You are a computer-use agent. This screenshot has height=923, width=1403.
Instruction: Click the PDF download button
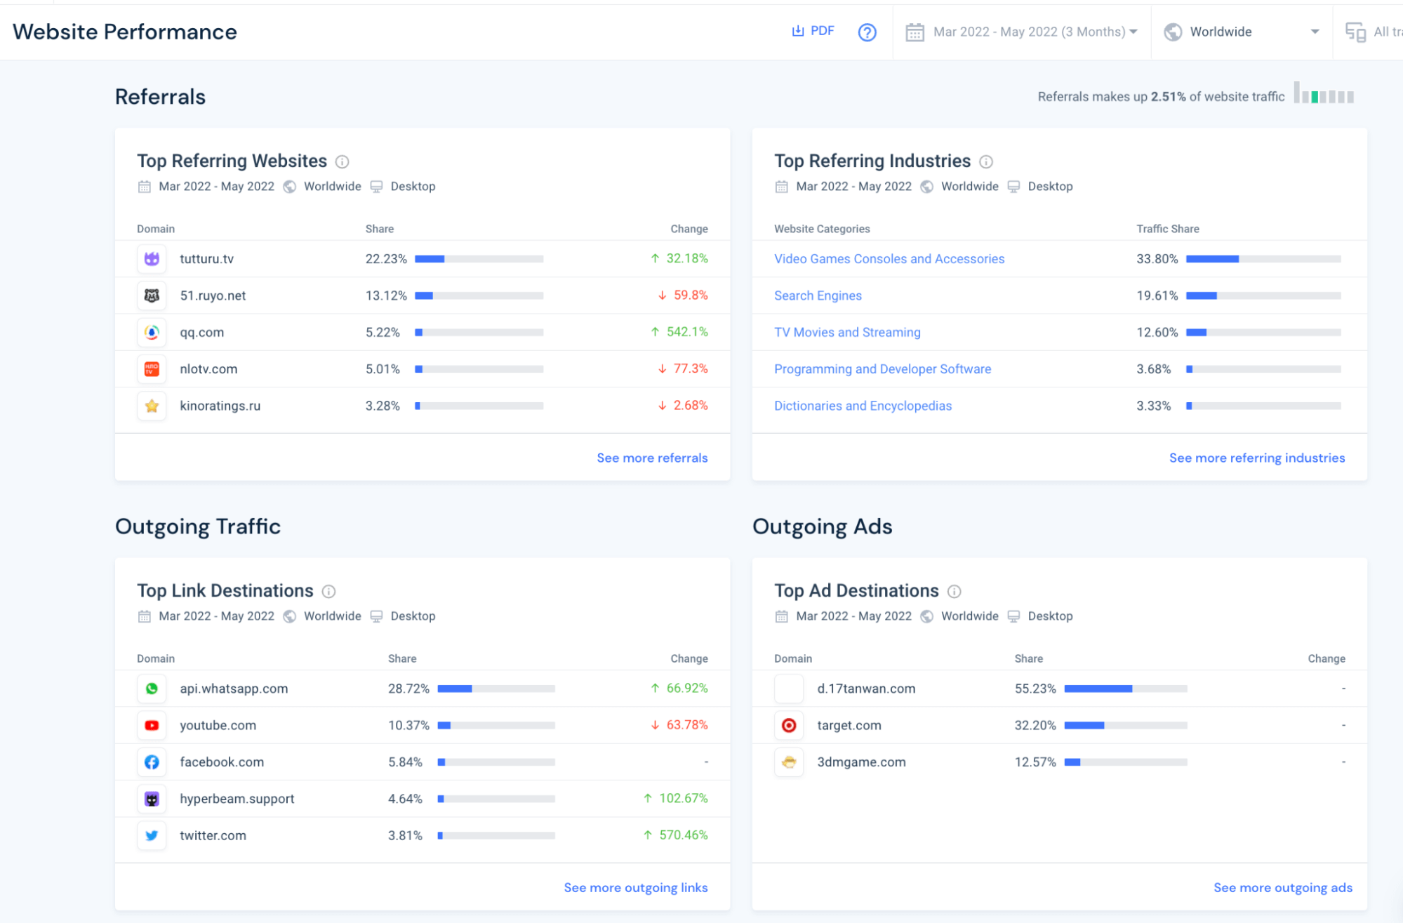click(813, 31)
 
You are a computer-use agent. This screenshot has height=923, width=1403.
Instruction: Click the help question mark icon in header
click(867, 32)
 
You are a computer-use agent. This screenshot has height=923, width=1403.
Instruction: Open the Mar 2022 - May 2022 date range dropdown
click(1022, 32)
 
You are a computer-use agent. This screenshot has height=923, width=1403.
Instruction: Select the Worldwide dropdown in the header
click(1241, 32)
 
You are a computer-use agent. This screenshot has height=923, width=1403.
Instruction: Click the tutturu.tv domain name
click(206, 259)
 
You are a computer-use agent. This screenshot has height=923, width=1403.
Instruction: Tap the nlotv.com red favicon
click(152, 369)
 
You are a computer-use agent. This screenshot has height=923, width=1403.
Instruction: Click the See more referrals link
click(651, 458)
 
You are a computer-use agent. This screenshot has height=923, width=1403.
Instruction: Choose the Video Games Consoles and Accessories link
click(889, 259)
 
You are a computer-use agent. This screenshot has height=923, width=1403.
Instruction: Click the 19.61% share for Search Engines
click(1157, 296)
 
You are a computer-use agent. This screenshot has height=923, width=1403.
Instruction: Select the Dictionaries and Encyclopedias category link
click(863, 406)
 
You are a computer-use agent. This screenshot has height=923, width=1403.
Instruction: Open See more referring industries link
click(1256, 458)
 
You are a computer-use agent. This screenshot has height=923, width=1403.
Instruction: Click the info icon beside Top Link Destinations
click(328, 592)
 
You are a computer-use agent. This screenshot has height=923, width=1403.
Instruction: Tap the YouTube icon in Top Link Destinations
click(152, 726)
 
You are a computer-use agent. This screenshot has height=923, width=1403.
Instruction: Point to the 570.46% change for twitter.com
click(682, 835)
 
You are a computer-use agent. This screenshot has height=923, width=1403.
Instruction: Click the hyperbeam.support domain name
click(237, 799)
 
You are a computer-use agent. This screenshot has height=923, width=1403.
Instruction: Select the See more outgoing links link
click(635, 888)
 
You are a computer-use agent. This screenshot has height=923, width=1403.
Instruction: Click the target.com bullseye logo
click(789, 726)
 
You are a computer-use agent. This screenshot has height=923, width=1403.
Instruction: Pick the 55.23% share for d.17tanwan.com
click(1035, 689)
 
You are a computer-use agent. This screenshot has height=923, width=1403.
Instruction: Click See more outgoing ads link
click(1282, 888)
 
